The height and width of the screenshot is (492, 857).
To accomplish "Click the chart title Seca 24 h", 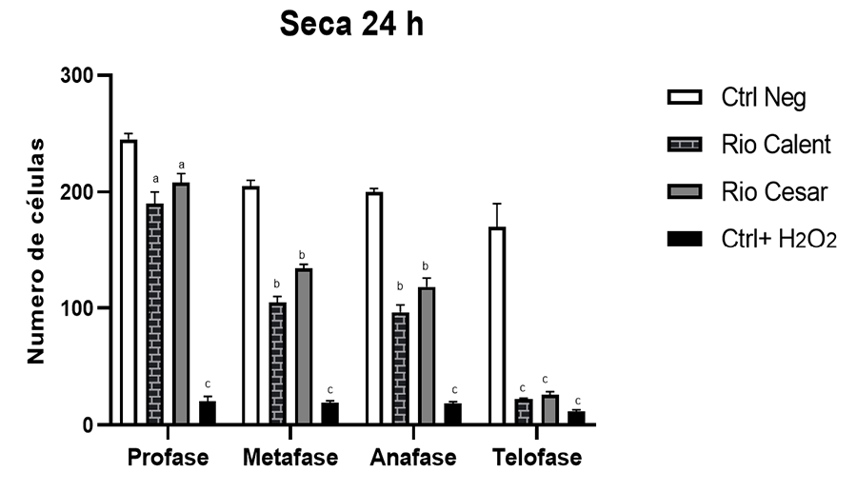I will (x=351, y=26).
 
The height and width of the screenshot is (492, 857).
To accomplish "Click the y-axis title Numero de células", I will (x=36, y=250).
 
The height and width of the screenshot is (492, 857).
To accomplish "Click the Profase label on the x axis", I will (x=168, y=458).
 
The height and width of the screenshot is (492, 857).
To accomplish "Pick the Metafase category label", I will (x=290, y=458).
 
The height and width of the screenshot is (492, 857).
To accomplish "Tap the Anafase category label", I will (x=413, y=458).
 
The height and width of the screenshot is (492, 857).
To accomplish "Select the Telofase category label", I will (x=537, y=458).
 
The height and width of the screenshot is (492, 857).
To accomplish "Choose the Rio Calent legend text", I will (x=776, y=145).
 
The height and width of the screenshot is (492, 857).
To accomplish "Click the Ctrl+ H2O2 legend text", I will (x=779, y=240).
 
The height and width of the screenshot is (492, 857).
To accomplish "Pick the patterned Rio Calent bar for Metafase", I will (x=277, y=363).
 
